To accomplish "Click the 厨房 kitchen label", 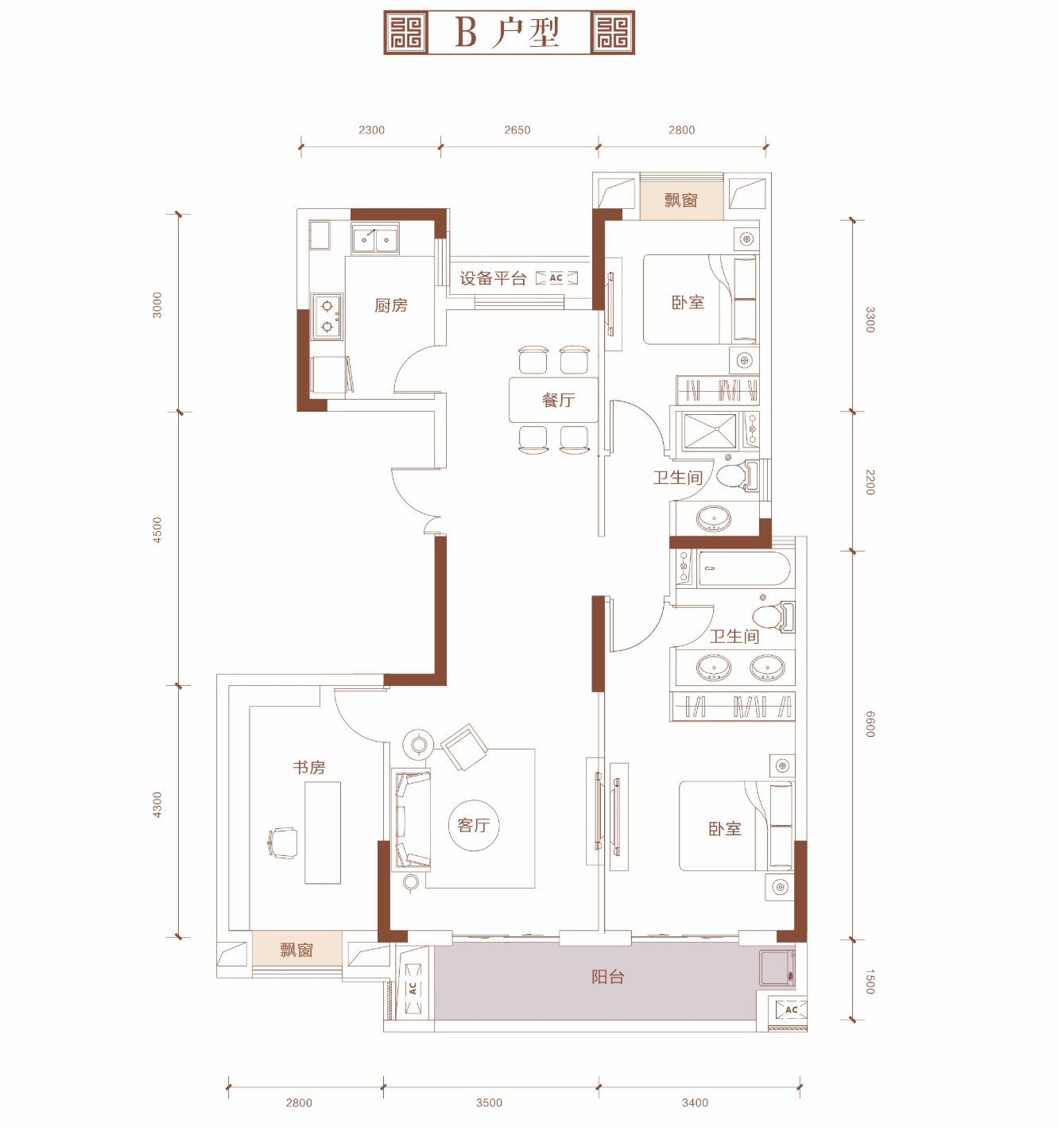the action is [391, 306].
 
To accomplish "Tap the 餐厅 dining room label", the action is [558, 400].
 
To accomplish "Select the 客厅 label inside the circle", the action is [474, 825].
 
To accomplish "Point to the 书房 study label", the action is [308, 767].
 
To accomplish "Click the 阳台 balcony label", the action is [608, 978].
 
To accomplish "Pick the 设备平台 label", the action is [493, 278].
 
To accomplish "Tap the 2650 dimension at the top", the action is [517, 130].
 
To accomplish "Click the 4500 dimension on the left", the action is [157, 529].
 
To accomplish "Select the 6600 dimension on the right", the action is [870, 724].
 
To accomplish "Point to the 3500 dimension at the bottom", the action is [490, 1102].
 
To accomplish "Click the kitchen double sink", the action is [375, 238].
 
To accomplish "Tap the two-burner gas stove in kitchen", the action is [327, 316].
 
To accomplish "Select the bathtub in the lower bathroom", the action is [744, 568].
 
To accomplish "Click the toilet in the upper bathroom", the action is [738, 475].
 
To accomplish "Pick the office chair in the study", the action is [283, 842].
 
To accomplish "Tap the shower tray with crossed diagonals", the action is [710, 431].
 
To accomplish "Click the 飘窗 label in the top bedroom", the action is [681, 199].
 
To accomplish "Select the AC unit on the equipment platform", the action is [556, 278].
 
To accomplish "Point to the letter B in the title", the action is [466, 33].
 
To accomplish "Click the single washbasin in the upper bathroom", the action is [713, 519].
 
